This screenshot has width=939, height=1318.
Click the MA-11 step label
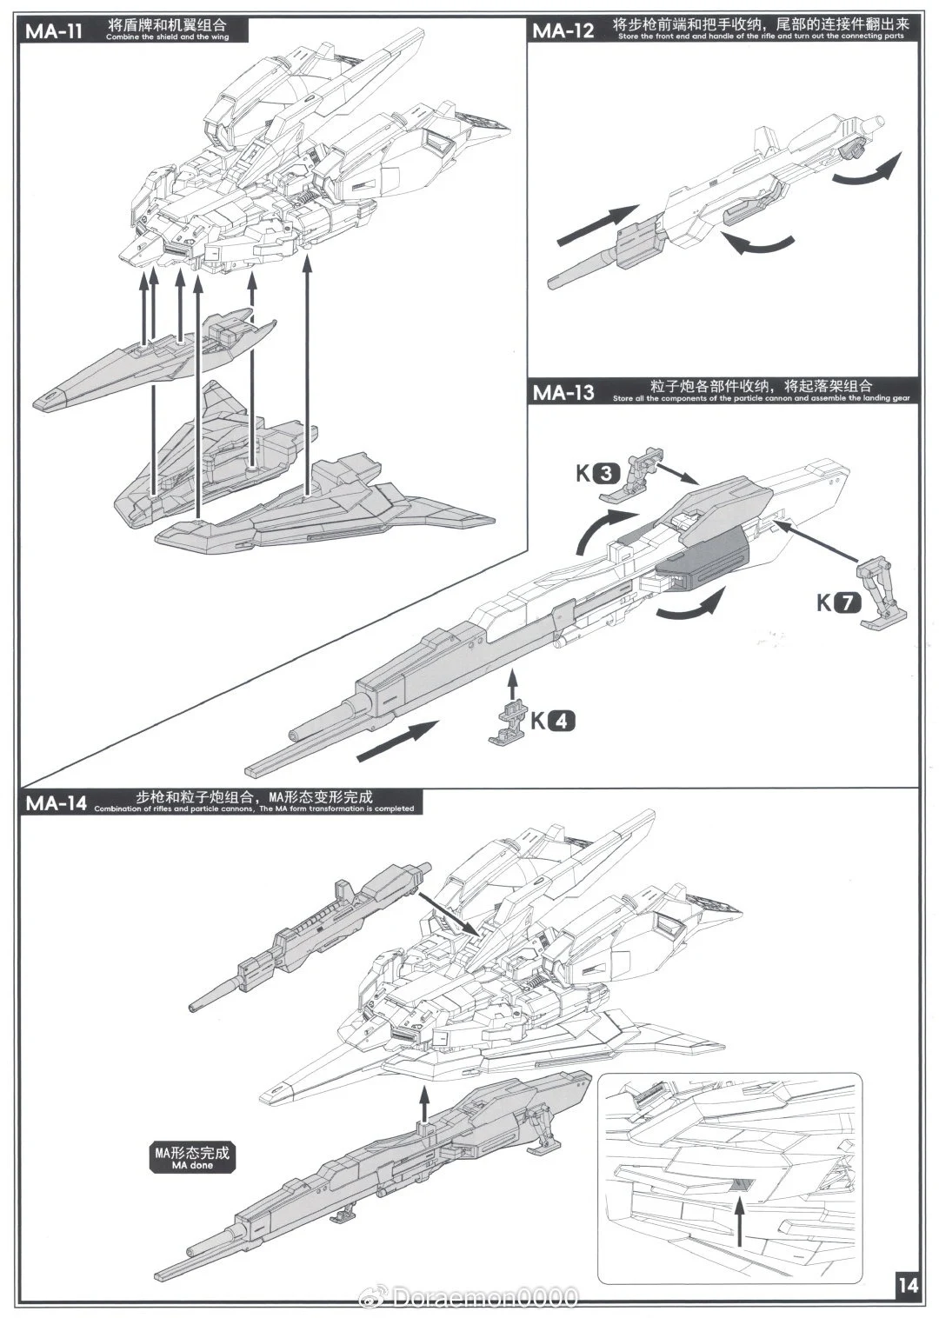[53, 32]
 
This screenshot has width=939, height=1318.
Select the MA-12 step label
[563, 31]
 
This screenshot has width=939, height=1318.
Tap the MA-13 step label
[563, 392]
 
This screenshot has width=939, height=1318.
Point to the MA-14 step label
[56, 802]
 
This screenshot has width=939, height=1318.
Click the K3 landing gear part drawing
[639, 474]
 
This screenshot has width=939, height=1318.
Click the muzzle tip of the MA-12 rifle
[554, 280]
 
